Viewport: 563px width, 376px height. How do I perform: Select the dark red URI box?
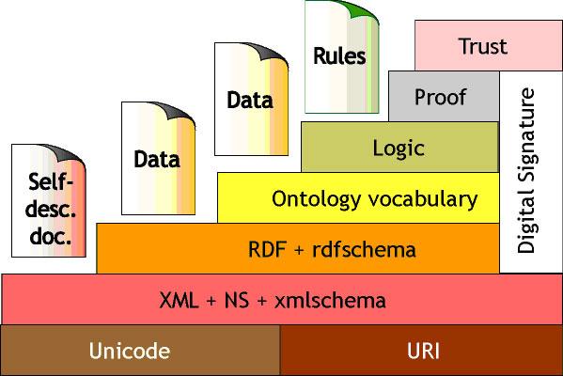coord(421,351)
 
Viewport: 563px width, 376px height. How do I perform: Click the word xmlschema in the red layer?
coord(333,301)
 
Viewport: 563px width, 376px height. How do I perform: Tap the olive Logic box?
coord(399,148)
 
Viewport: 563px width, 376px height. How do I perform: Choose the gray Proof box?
coord(441,97)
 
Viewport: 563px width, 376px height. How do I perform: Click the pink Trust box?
coord(482,45)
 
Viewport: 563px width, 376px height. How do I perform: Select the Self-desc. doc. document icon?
coord(47,202)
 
